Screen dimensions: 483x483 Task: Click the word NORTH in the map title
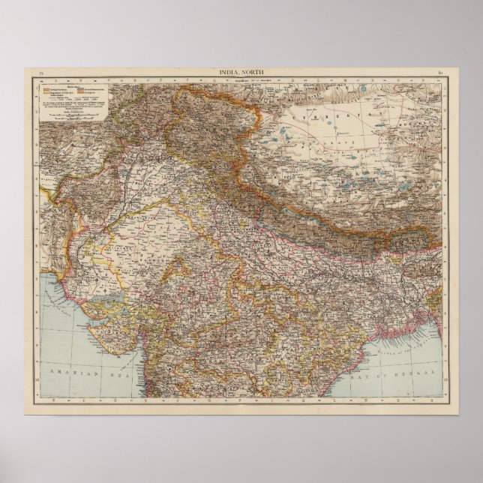253,71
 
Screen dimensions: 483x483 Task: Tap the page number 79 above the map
42,72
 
